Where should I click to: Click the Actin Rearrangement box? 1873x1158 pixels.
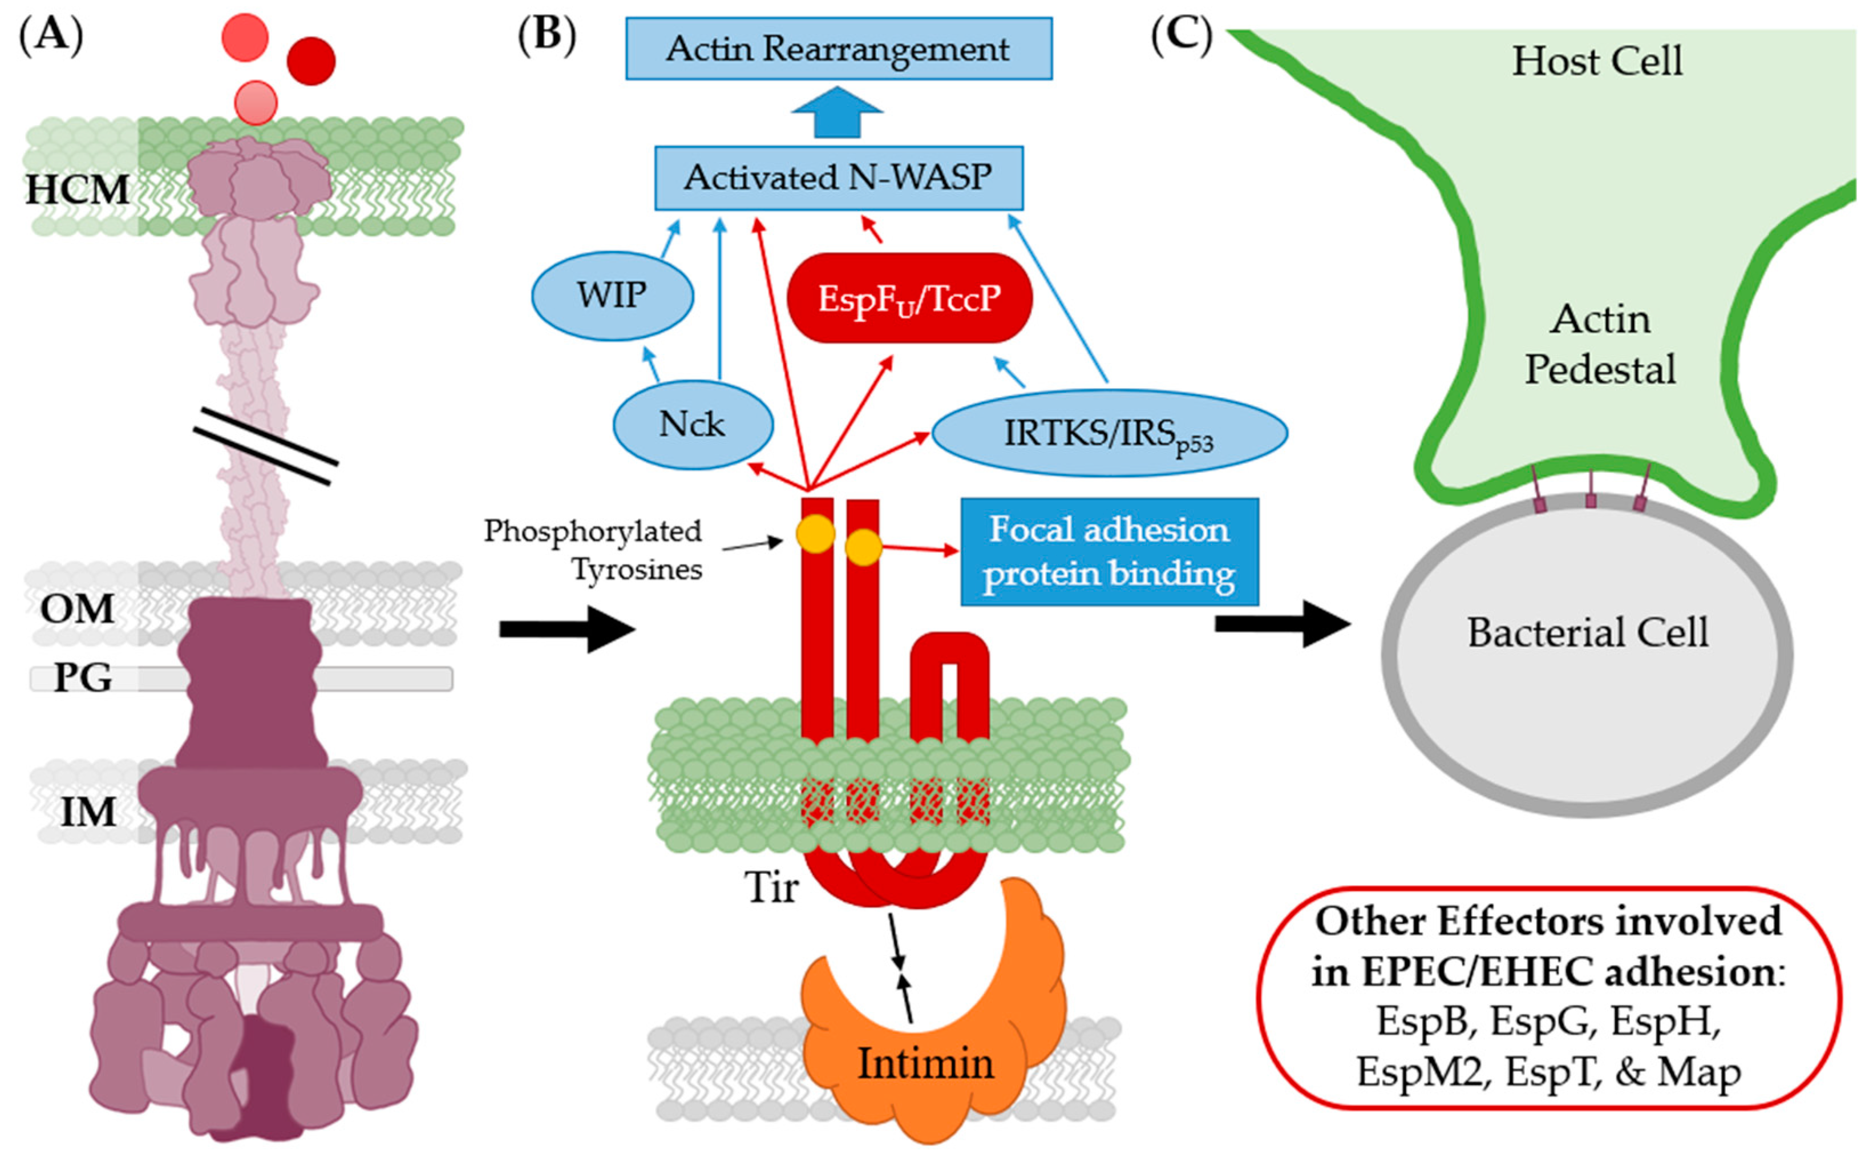pyautogui.click(x=838, y=49)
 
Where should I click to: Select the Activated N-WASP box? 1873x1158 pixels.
pyautogui.click(x=838, y=177)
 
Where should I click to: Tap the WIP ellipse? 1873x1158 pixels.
pyautogui.click(x=612, y=296)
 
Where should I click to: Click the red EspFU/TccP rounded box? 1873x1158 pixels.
pyautogui.click(x=909, y=298)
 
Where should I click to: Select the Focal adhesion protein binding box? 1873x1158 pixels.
pyautogui.click(x=1109, y=551)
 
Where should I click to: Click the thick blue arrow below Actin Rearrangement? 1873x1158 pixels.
pyautogui.click(x=836, y=114)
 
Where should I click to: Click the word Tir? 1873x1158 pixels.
pyautogui.click(x=771, y=889)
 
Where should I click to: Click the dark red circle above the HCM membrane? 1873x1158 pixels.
pyautogui.click(x=311, y=60)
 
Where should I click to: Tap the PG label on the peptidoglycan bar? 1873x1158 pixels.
pyautogui.click(x=83, y=678)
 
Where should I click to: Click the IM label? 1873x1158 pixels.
pyautogui.click(x=88, y=812)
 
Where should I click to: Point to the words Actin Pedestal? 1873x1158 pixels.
pyautogui.click(x=1600, y=345)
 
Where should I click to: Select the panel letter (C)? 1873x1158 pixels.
pyautogui.click(x=1181, y=34)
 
